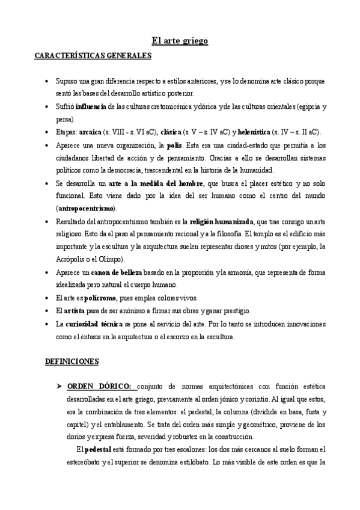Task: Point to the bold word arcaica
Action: pos(91,132)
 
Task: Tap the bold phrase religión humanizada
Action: pos(224,221)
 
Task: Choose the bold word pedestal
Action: pos(97,449)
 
